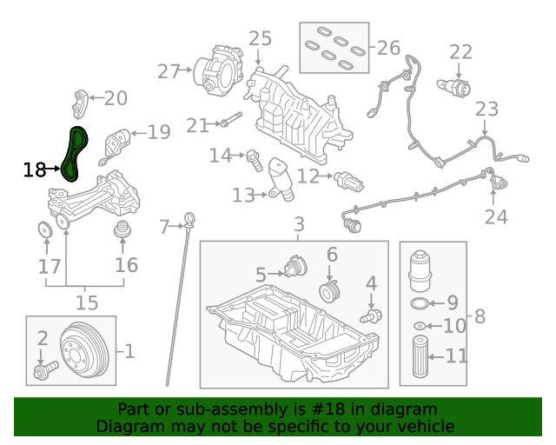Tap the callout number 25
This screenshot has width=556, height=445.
tap(260, 38)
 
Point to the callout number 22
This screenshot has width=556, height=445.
tap(460, 51)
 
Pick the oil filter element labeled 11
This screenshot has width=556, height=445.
tap(420, 355)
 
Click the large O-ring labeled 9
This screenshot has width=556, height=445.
tap(418, 303)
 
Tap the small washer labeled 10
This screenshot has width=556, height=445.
tap(420, 326)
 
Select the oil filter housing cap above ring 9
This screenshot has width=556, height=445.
tap(420, 269)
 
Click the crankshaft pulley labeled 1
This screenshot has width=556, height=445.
tap(87, 351)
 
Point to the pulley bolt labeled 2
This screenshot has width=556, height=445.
tap(41, 374)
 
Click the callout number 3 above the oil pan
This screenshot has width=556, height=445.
tap(298, 224)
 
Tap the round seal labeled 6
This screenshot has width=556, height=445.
tap(329, 289)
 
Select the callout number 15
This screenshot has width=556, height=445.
tap(86, 302)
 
